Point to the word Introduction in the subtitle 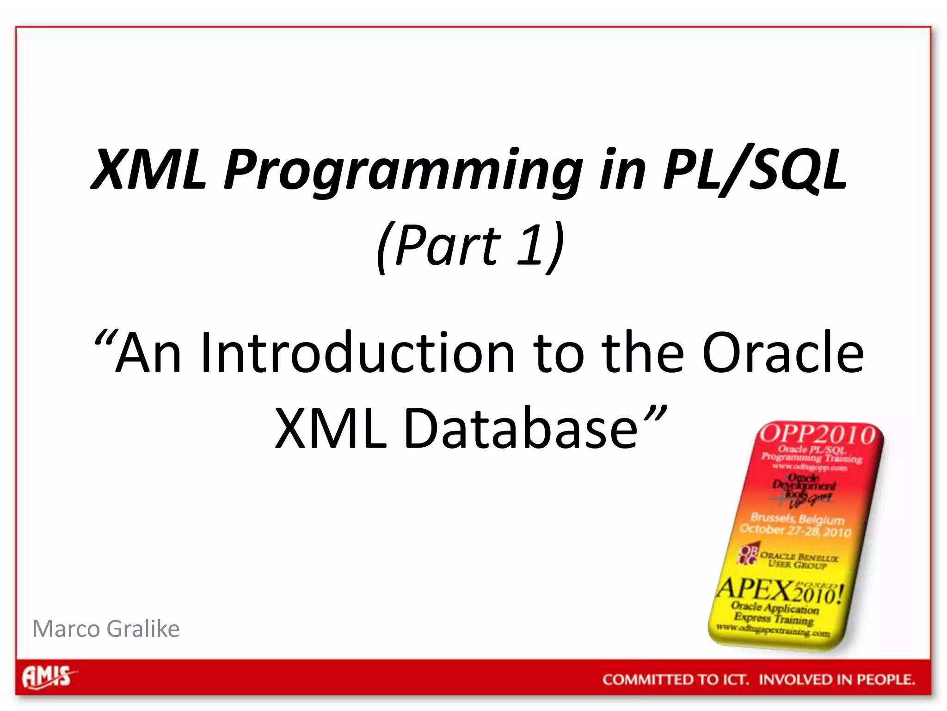pyautogui.click(x=357, y=353)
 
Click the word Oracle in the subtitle pyautogui.click(x=782, y=353)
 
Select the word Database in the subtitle pyautogui.click(x=521, y=428)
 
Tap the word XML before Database pyautogui.click(x=331, y=428)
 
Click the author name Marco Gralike pyautogui.click(x=106, y=629)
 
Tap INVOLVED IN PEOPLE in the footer pyautogui.click(x=837, y=680)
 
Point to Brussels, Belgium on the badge pyautogui.click(x=798, y=518)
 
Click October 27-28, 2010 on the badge pyautogui.click(x=795, y=530)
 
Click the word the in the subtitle pyautogui.click(x=642, y=353)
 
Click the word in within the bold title pyautogui.click(x=622, y=169)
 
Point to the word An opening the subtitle pyautogui.click(x=148, y=353)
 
